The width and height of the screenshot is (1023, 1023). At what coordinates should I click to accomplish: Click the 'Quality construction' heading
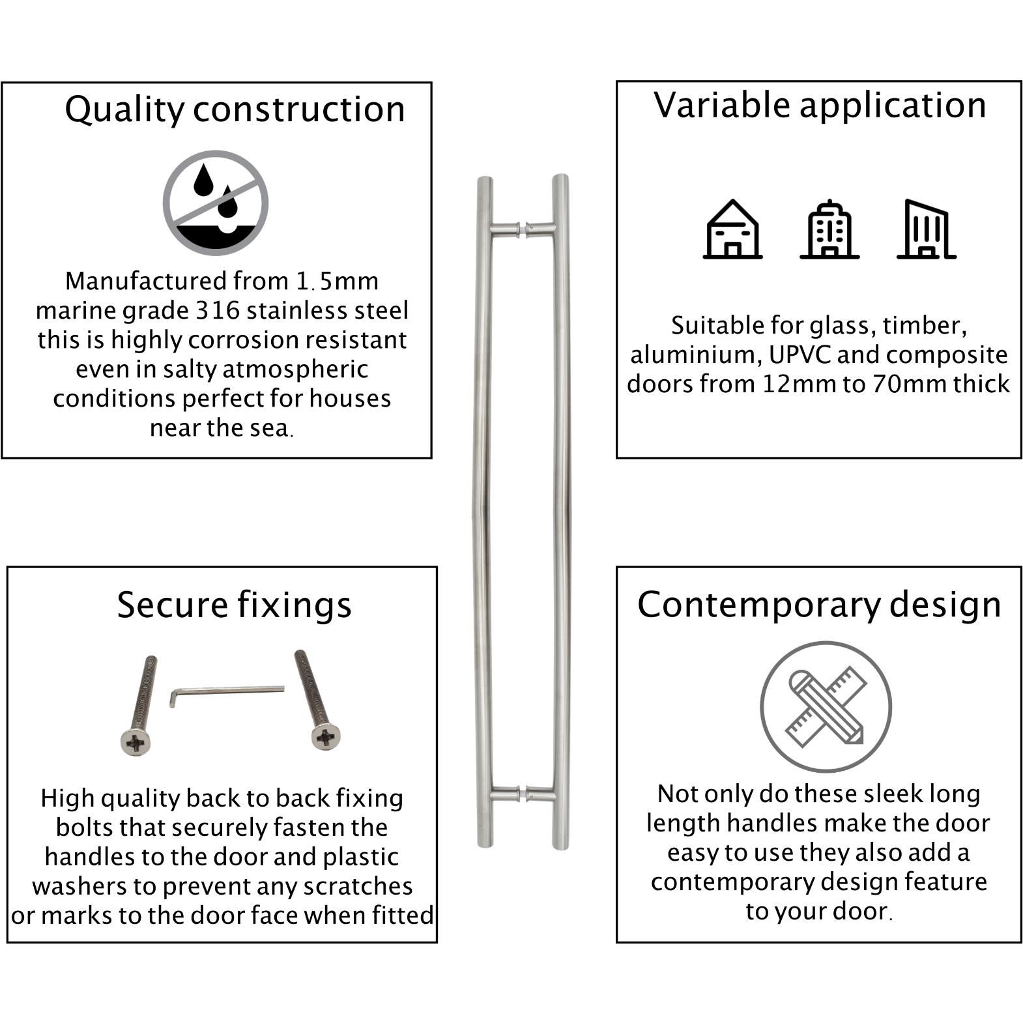click(x=235, y=109)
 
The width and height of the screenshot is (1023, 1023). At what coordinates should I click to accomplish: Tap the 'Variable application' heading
click(x=820, y=105)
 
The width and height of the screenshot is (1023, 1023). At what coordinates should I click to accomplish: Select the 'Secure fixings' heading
click(x=234, y=605)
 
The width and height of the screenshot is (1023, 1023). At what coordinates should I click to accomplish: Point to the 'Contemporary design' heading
click(x=819, y=605)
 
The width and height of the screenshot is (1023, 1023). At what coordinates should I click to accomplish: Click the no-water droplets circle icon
click(x=216, y=203)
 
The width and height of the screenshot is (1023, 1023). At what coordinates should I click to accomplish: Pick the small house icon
click(x=732, y=229)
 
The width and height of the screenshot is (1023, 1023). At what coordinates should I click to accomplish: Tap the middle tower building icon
click(x=829, y=229)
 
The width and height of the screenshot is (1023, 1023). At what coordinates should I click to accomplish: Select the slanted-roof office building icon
click(x=927, y=229)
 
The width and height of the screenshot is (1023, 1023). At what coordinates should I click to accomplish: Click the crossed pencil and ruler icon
click(x=826, y=707)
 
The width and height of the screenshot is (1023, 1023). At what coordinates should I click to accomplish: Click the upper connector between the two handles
click(x=523, y=229)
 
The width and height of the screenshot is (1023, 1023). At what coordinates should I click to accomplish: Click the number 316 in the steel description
click(x=218, y=311)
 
